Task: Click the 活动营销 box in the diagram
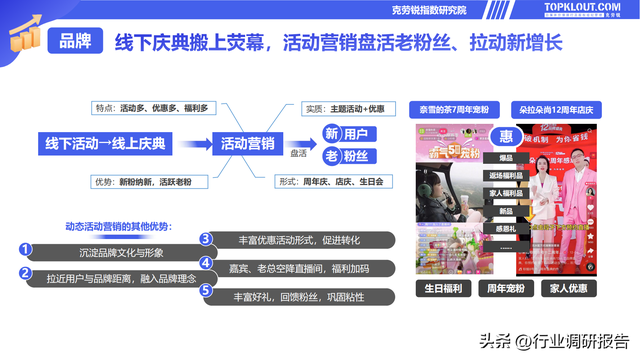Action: (x=249, y=143)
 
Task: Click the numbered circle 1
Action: (x=27, y=248)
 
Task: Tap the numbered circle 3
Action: (x=206, y=239)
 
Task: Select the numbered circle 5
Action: (x=206, y=291)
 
